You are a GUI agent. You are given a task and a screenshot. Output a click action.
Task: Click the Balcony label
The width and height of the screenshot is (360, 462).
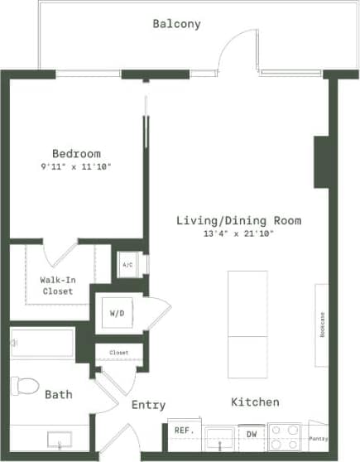coord(176,24)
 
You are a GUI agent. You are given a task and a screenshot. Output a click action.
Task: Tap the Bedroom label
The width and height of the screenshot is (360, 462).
coord(76,154)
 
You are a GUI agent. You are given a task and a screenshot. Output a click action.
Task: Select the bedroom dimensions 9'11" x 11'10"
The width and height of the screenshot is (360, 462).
coord(76,167)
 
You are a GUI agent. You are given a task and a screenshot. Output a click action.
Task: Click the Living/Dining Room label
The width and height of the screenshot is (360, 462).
coord(238,221)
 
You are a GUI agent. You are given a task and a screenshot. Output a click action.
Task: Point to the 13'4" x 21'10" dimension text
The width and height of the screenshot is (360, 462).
coord(238,234)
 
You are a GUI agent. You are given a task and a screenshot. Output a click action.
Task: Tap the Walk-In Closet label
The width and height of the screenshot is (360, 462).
coord(56,286)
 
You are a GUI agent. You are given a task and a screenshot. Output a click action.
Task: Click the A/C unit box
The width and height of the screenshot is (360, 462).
coord(127,265)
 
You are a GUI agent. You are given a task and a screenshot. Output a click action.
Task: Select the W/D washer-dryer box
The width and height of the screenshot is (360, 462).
coord(117,314)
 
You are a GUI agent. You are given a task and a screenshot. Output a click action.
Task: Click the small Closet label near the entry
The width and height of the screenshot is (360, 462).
coord(119,353)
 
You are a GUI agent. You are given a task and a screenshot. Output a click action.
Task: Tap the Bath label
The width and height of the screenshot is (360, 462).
coord(58,395)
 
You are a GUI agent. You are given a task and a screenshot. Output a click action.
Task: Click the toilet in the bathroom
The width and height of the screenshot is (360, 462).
coord(26,386)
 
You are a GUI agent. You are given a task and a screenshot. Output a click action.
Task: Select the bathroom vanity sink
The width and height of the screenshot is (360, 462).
coord(59,438)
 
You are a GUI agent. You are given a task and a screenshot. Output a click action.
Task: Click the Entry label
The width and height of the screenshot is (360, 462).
coord(148,406)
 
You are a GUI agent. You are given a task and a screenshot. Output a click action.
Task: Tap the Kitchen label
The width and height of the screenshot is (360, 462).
coord(254,402)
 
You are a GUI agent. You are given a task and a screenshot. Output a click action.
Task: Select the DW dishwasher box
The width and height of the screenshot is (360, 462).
coord(249,433)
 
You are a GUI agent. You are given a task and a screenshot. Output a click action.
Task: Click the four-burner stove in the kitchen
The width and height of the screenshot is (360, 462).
coord(285,436)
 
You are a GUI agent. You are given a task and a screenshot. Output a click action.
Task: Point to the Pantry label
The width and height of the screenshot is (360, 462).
coord(317,438)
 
